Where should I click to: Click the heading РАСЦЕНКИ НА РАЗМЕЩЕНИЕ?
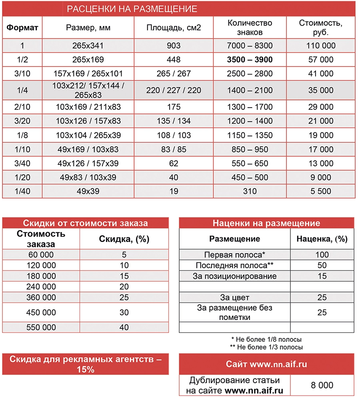click(132, 9)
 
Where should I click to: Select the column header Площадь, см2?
click(174, 28)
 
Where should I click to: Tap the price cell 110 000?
click(321, 46)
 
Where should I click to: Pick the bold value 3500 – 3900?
click(250, 60)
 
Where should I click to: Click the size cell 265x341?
click(88, 46)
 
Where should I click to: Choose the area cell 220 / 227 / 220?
click(174, 90)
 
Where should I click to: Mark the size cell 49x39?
click(88, 191)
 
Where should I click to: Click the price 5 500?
click(321, 191)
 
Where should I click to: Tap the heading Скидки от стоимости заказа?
click(86, 223)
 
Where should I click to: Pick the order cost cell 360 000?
click(42, 297)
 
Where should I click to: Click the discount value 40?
click(124, 327)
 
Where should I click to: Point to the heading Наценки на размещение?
click(266, 223)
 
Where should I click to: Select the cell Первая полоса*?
click(235, 254)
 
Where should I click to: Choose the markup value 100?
click(322, 254)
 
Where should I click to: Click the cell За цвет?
click(235, 297)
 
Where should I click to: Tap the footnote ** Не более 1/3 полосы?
click(266, 347)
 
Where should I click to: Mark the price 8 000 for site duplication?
click(322, 385)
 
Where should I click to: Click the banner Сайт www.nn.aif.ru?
click(266, 364)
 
